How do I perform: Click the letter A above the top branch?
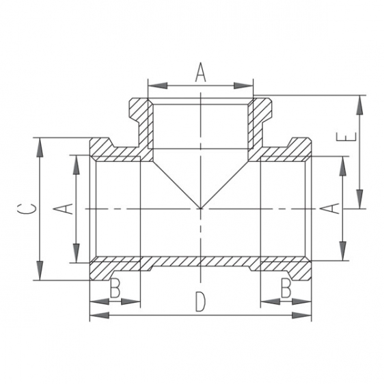201,72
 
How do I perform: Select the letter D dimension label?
200,302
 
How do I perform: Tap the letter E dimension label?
346,137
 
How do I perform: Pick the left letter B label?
115,288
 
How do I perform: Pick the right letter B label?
286,288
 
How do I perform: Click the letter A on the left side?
64,208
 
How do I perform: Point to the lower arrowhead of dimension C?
40,271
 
